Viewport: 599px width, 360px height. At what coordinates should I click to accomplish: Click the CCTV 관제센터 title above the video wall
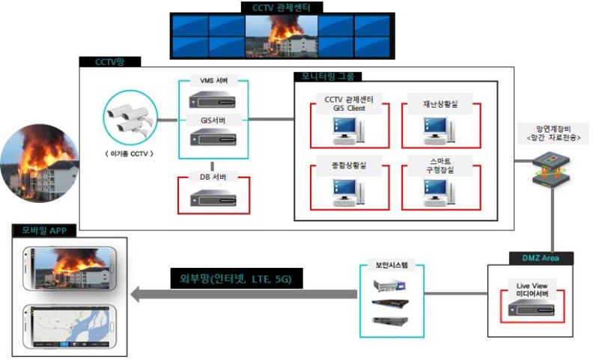click(282, 7)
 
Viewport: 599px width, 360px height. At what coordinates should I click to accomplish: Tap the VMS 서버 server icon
click(213, 100)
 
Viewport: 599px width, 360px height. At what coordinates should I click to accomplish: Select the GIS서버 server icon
click(213, 137)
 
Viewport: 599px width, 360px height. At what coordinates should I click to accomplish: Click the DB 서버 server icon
click(213, 198)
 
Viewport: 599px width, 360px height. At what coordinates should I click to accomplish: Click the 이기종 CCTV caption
click(129, 154)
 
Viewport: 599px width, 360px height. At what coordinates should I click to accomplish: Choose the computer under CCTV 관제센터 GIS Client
click(348, 130)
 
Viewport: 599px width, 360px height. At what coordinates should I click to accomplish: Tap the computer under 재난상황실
click(440, 130)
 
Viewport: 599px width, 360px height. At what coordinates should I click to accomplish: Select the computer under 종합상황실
click(348, 192)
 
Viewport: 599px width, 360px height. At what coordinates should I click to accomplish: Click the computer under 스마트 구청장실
click(440, 192)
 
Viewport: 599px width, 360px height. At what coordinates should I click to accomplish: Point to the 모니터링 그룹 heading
click(328, 76)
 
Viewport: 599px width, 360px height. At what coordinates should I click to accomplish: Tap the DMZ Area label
click(541, 258)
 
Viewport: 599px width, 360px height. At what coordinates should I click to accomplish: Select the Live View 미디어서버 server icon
click(531, 307)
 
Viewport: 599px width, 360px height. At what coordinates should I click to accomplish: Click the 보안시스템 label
click(392, 264)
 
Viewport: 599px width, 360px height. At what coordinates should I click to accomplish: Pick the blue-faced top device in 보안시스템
click(389, 285)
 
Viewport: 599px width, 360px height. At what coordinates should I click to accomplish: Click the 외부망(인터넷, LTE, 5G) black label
click(236, 278)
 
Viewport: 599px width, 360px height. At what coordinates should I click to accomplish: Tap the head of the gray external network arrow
click(135, 294)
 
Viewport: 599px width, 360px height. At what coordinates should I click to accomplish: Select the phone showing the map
click(69, 327)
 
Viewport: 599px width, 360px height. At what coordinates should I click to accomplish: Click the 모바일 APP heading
click(44, 231)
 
